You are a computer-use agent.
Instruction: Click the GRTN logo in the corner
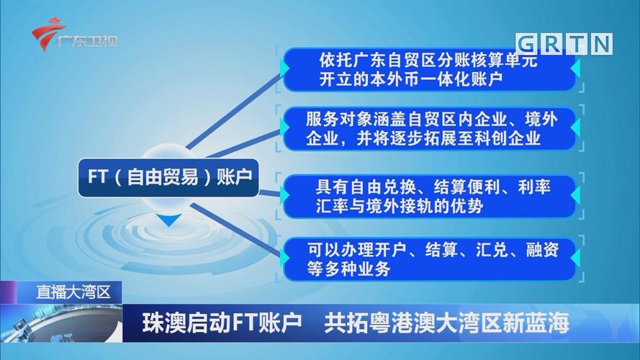coord(565,43)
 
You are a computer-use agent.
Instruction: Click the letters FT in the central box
coord(96,177)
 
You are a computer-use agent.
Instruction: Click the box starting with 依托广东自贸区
coord(430,69)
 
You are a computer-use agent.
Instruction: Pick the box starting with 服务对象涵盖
coord(430,127)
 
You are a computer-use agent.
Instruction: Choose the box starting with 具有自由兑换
coord(430,196)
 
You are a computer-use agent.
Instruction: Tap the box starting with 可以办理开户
coord(430,259)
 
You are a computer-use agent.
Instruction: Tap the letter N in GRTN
coord(601,43)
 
